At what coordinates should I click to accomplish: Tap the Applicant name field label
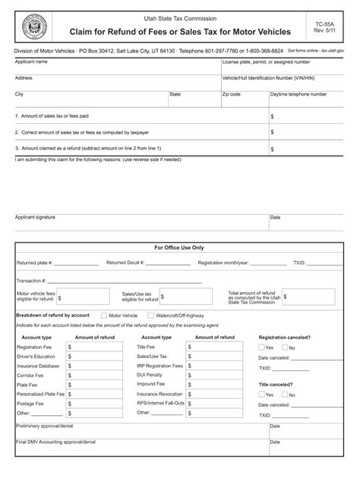[32, 61]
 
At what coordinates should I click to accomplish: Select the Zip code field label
[232, 94]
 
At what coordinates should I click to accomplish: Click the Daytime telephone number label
[301, 94]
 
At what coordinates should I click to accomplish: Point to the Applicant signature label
[35, 217]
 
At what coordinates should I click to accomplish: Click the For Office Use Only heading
[179, 247]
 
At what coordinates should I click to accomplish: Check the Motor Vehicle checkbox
[104, 315]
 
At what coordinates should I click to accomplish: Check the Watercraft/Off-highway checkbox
[150, 315]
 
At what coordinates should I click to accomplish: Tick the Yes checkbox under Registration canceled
[261, 347]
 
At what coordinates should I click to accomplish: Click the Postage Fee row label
[31, 404]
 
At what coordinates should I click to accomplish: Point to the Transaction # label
[31, 280]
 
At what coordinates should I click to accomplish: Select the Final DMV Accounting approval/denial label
[56, 442]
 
